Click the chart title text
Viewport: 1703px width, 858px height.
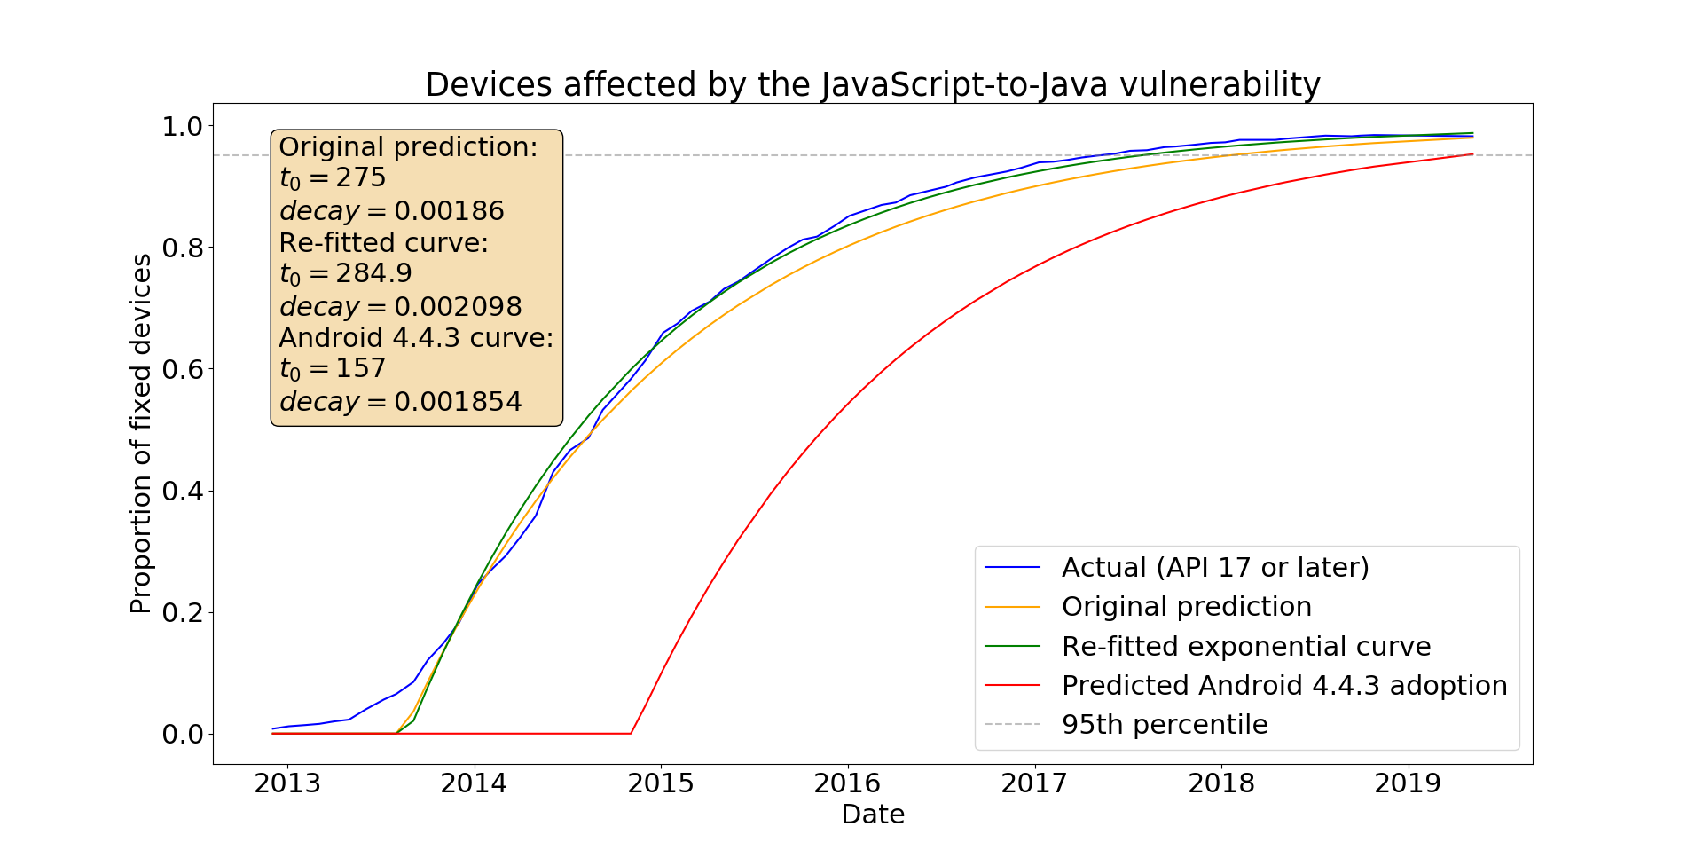pos(872,84)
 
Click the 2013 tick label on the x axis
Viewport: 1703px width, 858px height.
pos(286,783)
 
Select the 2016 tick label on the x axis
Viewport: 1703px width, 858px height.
pos(847,783)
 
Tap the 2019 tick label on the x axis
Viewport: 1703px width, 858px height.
pos(1408,783)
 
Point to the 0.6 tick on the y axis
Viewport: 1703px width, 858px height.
pos(183,369)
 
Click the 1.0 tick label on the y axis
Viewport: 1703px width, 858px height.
pos(183,126)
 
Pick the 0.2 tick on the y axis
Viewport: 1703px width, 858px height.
pos(183,612)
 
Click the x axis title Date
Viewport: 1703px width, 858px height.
pos(872,814)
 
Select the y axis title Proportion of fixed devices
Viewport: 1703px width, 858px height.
pos(141,433)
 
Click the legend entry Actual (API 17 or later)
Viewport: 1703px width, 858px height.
pos(1214,567)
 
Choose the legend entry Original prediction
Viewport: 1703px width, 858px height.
pos(1186,606)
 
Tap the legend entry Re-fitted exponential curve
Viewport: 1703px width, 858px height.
pos(1245,646)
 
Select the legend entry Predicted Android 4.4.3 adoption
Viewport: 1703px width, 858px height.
pos(1283,685)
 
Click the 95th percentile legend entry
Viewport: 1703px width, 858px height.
pos(1164,724)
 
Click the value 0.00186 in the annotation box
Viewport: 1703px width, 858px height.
pos(449,211)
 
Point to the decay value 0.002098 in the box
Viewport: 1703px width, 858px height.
pos(458,307)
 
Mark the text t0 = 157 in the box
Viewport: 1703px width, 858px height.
pos(333,368)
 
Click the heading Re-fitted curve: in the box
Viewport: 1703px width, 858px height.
pos(383,242)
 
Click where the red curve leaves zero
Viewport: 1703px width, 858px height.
pos(631,733)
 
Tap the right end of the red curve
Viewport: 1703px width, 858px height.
pos(1472,154)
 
